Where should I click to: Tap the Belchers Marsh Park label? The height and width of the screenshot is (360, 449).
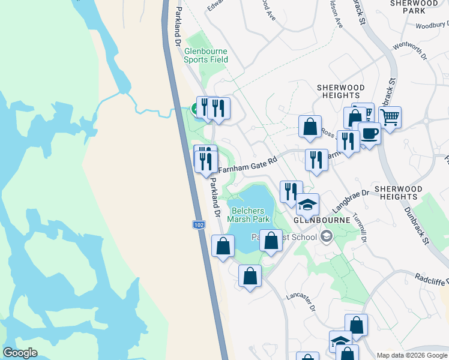point(252,215)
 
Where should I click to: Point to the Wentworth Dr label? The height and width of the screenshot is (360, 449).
point(409,50)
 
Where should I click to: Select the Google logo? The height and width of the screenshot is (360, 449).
point(20,353)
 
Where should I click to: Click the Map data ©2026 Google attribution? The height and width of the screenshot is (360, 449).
point(412,355)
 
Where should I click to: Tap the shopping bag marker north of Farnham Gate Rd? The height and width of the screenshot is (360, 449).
point(310,126)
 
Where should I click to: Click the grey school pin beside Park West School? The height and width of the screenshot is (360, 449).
point(326,236)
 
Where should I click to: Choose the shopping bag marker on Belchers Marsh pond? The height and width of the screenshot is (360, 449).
point(271,241)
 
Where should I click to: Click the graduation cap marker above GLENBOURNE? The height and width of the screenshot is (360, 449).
point(307,204)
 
